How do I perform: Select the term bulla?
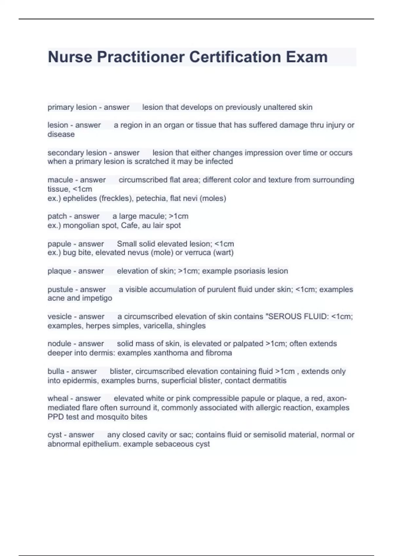tap(56, 372)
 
